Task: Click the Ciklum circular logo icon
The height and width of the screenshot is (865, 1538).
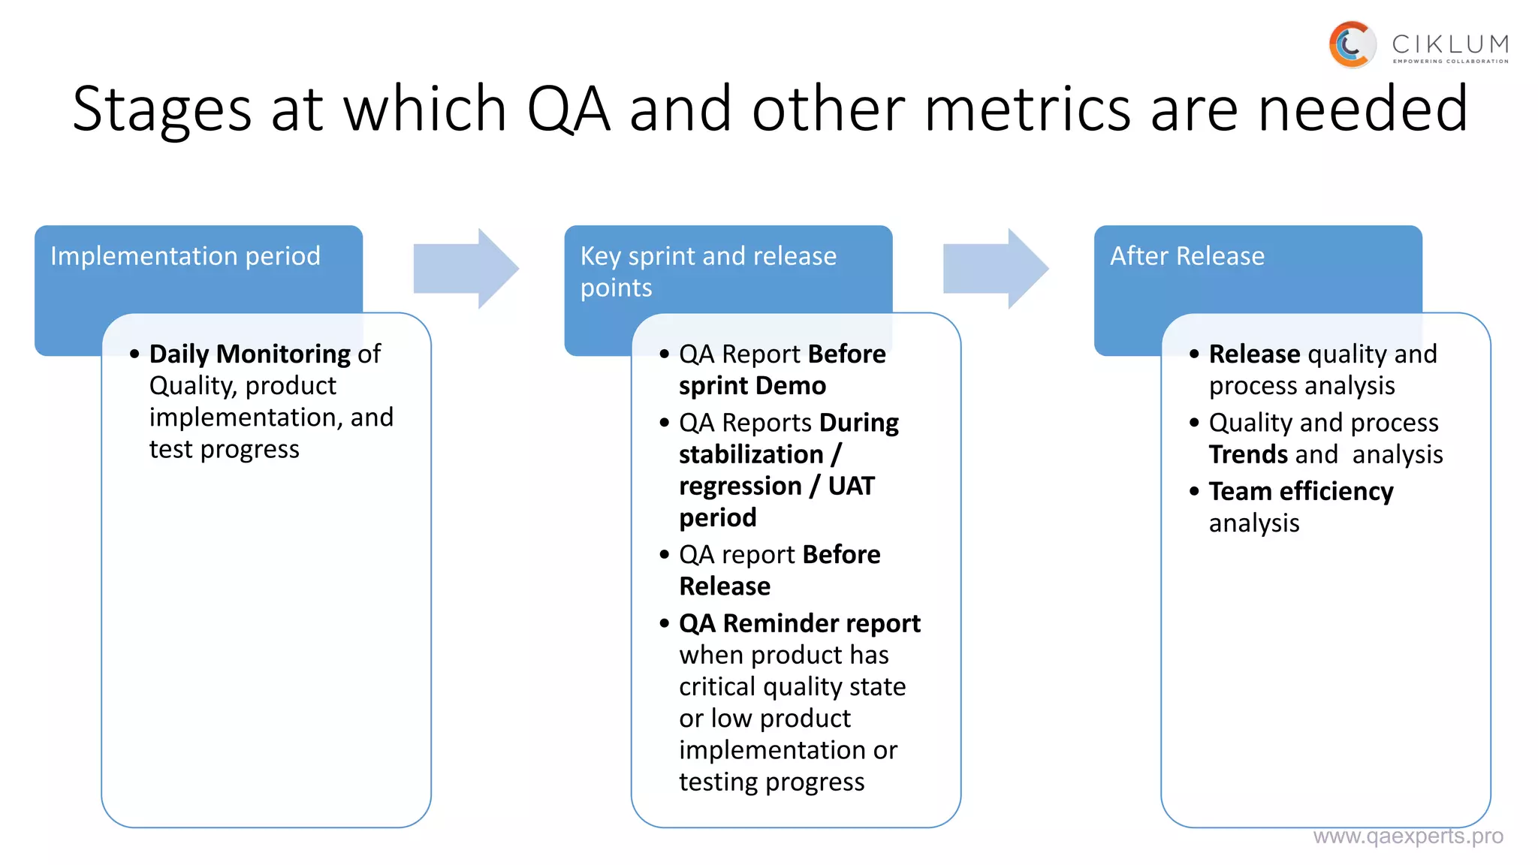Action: click(1352, 45)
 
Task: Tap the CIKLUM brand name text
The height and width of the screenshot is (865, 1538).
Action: click(1450, 44)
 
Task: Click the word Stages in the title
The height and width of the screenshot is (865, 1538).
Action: click(161, 110)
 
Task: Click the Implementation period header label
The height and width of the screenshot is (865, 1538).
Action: click(185, 256)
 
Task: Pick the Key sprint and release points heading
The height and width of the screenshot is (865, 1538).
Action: click(707, 271)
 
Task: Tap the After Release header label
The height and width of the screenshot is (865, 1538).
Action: click(1187, 256)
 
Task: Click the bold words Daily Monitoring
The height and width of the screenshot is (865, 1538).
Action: click(249, 354)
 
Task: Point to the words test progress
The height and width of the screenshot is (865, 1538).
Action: click(224, 449)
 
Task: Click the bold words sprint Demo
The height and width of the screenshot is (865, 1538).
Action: click(752, 386)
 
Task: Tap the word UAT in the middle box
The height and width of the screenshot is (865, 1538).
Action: click(851, 486)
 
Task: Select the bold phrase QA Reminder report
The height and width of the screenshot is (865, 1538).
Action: click(799, 623)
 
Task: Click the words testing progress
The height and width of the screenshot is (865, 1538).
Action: click(771, 782)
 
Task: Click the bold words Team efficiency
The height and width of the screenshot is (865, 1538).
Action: click(1301, 491)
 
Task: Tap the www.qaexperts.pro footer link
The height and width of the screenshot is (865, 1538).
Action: click(1407, 836)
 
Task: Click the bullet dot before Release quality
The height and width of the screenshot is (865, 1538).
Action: click(1194, 354)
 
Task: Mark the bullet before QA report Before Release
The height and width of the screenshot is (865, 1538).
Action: click(664, 555)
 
